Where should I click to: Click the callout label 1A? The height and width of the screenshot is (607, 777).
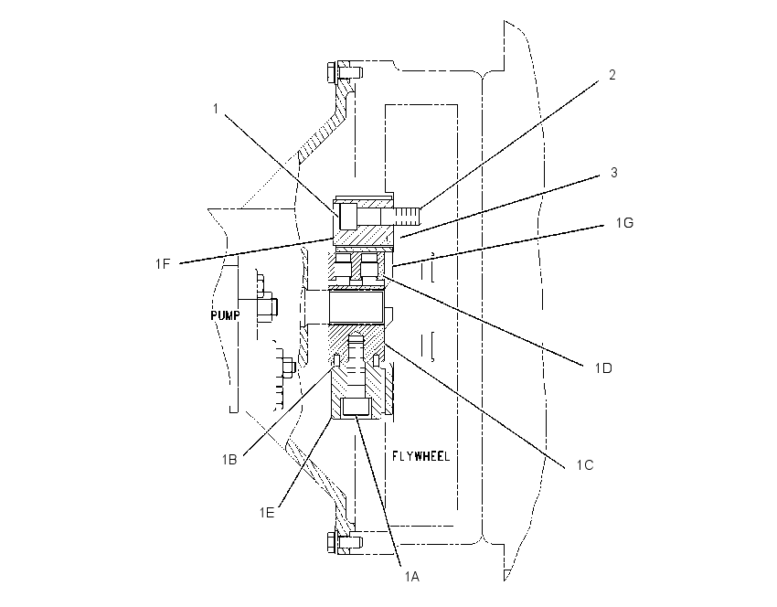tap(411, 577)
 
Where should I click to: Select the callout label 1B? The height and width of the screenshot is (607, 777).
tap(229, 460)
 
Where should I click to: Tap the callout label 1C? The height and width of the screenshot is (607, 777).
tap(585, 465)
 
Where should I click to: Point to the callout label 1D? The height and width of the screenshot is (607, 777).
tap(603, 368)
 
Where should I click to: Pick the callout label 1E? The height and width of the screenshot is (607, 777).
tap(267, 512)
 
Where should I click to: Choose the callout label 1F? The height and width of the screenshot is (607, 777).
tap(163, 264)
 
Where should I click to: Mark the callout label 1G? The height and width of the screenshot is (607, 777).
tap(625, 223)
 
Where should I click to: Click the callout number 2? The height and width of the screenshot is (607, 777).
tap(612, 75)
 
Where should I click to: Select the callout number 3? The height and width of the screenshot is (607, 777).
tap(614, 173)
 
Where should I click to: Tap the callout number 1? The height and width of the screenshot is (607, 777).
tap(216, 109)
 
